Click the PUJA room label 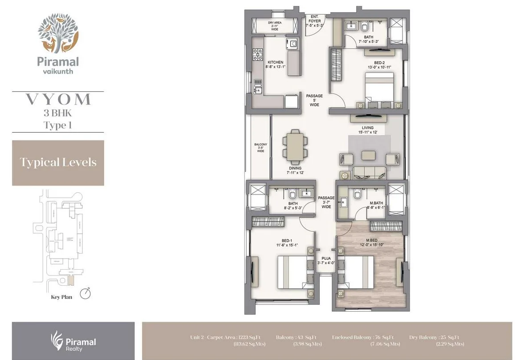pos(325,260)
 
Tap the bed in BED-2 pos(380,88)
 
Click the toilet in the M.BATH pos(357,195)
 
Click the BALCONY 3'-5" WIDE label pos(260,148)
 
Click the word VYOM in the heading pos(58,99)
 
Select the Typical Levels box pos(58,162)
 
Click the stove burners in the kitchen pos(258,54)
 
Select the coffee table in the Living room pos(368,155)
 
